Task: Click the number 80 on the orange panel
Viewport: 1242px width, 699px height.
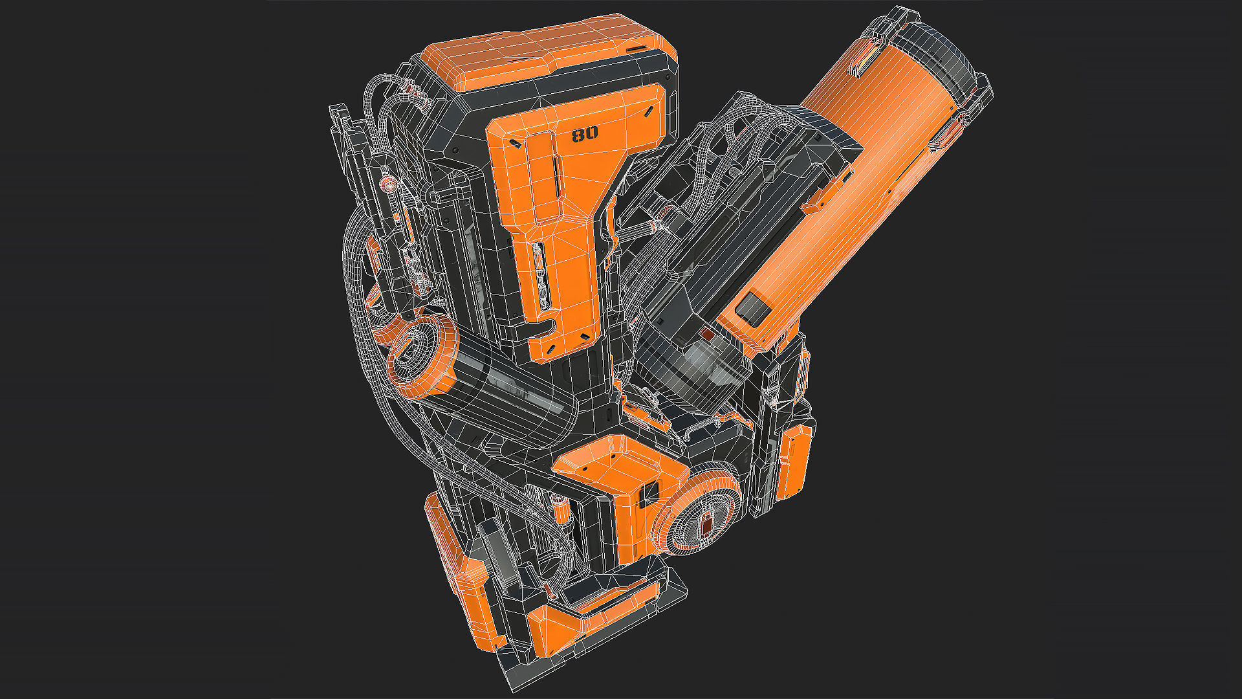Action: (585, 135)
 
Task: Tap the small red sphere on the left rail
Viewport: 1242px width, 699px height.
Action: (389, 186)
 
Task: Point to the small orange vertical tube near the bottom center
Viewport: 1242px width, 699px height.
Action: (560, 511)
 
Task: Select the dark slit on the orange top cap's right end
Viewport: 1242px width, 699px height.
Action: (638, 49)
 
